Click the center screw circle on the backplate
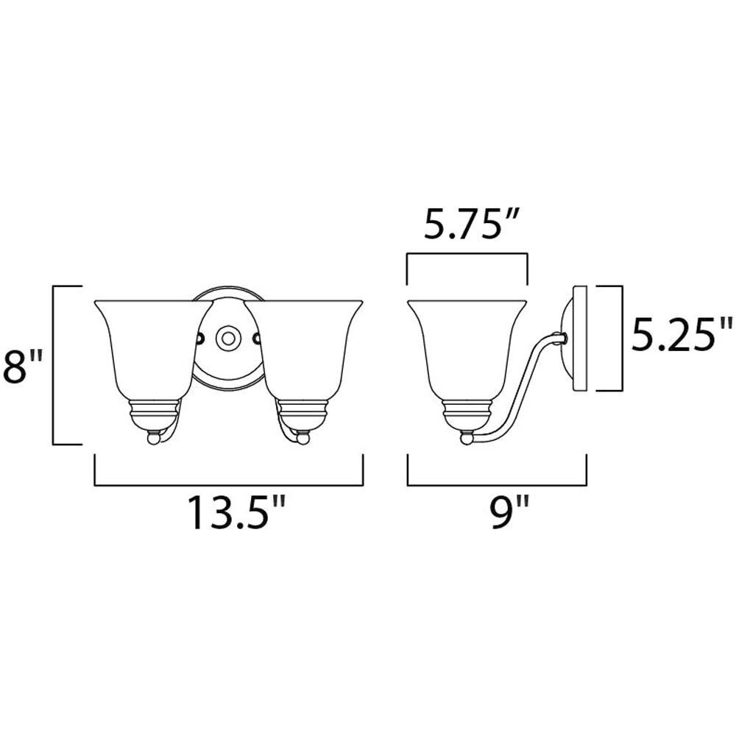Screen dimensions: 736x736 coord(227,339)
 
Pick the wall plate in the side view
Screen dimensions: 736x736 coord(578,339)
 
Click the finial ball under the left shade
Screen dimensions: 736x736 coord(153,439)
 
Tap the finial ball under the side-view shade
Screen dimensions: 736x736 coord(466,439)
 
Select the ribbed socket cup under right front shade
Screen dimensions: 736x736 coord(302,414)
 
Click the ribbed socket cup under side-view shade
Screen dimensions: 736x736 coord(467,414)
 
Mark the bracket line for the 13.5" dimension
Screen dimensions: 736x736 coord(229,485)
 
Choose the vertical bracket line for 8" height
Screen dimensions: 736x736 coord(54,365)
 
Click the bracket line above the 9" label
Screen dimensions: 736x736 coord(497,485)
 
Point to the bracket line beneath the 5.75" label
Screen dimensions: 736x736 coord(467,254)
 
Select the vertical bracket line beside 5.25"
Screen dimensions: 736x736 coord(622,339)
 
